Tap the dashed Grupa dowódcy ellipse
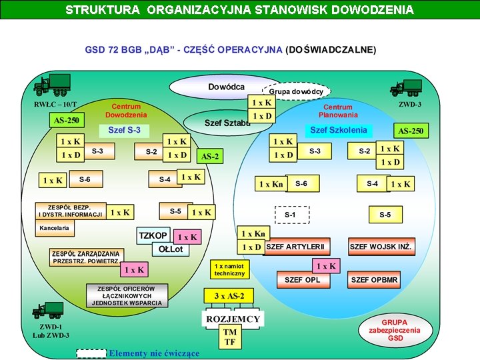click(297, 91)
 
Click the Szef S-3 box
click(125, 129)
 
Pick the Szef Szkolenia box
click(338, 130)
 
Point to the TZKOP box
click(153, 236)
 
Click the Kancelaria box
click(55, 228)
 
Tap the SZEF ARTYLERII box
click(296, 247)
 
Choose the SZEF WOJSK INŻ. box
click(381, 247)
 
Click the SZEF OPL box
click(303, 279)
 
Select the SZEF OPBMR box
click(375, 279)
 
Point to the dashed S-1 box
click(290, 215)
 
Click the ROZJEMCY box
click(233, 319)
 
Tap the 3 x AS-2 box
click(229, 295)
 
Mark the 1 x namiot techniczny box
click(230, 269)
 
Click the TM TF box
click(230, 337)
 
